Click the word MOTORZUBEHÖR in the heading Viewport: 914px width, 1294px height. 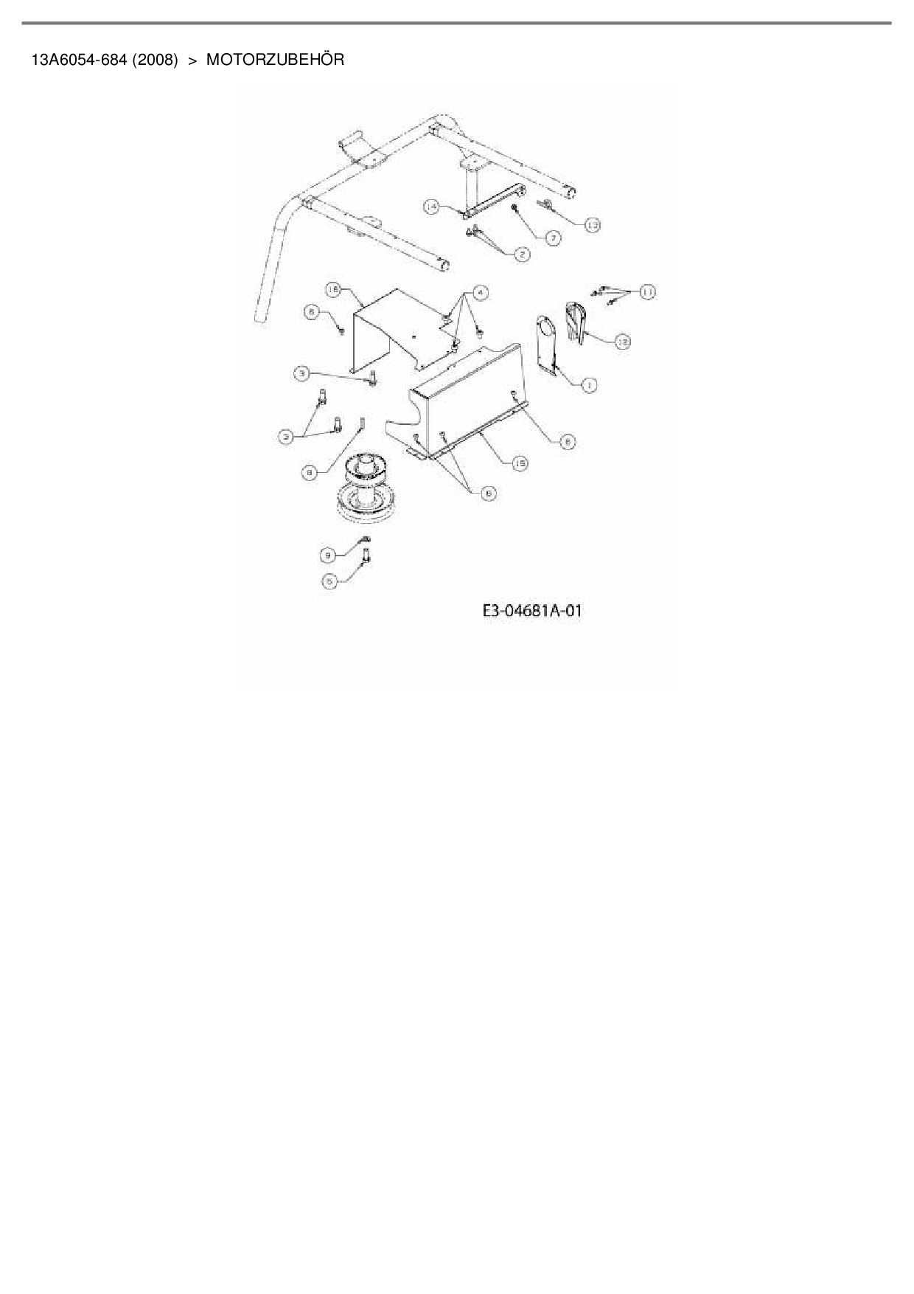click(x=275, y=60)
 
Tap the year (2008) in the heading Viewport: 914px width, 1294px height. click(x=156, y=60)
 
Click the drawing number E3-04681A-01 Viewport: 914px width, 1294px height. click(x=531, y=611)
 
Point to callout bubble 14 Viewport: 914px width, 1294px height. click(x=432, y=208)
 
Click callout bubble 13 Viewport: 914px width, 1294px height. click(x=592, y=224)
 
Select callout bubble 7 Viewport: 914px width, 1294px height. click(x=553, y=238)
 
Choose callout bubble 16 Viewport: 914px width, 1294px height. click(x=333, y=291)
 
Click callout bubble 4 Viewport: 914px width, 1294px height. click(x=480, y=293)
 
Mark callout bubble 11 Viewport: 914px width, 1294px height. click(x=647, y=292)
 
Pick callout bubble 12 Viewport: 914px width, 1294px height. click(x=623, y=342)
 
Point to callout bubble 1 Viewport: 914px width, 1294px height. click(x=588, y=384)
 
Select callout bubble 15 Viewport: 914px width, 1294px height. click(x=520, y=463)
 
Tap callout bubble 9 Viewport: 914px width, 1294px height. click(x=328, y=554)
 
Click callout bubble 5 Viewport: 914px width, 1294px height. click(x=329, y=581)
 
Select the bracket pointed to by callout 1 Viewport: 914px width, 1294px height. click(x=548, y=343)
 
